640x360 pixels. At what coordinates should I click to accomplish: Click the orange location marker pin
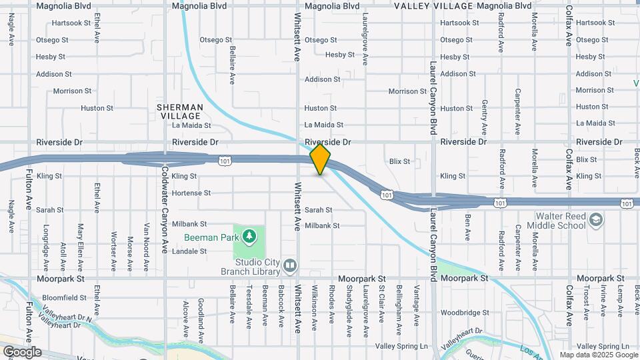coord(321,159)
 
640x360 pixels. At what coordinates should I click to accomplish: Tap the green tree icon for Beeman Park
coord(249,235)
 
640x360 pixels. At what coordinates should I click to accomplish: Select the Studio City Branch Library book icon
coord(289,266)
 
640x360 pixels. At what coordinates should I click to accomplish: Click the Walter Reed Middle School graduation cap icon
coord(595,221)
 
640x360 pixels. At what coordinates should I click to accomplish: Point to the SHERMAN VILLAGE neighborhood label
coord(179,111)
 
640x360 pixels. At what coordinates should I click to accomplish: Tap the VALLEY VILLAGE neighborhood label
coord(433,6)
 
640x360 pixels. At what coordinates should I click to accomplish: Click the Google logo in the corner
coord(21,351)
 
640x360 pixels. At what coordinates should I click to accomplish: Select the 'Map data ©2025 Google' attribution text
coord(599,355)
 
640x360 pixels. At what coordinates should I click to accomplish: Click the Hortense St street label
coord(191,193)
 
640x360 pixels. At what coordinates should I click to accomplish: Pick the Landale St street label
coord(189,251)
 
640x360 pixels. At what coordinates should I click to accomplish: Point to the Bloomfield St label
coord(64,297)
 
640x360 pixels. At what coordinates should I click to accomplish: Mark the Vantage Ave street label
coord(416,306)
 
